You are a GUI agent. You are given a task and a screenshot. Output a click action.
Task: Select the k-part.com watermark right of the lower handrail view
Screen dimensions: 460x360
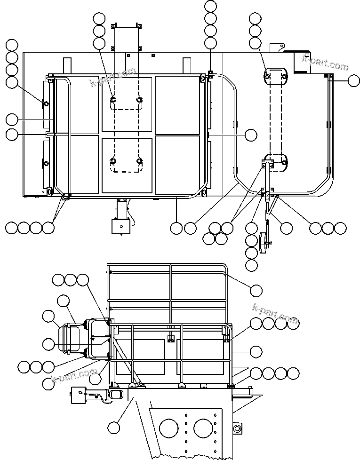click(275, 314)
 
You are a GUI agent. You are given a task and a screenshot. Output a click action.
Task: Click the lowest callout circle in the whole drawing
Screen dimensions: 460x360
click(113, 428)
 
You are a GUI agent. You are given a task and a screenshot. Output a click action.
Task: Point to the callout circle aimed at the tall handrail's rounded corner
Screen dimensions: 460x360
click(256, 291)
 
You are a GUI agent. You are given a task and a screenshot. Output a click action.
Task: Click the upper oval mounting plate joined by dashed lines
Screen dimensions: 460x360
click(275, 76)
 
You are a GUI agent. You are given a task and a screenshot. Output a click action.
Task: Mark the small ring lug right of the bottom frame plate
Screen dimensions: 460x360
click(236, 428)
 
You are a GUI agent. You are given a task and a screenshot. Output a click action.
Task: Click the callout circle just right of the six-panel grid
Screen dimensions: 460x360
click(251, 135)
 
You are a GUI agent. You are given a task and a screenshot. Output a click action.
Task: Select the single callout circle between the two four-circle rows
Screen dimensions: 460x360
click(256, 351)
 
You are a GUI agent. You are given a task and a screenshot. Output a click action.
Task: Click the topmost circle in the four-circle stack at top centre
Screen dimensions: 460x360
click(211, 7)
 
